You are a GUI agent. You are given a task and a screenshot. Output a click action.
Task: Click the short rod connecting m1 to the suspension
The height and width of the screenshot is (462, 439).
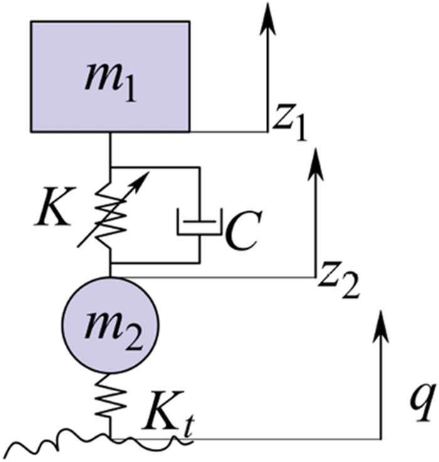[x=110, y=149]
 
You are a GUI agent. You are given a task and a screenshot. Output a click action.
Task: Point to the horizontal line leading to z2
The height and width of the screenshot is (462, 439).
[x=213, y=276]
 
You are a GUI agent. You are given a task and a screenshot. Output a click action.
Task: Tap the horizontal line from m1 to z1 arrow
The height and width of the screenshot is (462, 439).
[x=228, y=132]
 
